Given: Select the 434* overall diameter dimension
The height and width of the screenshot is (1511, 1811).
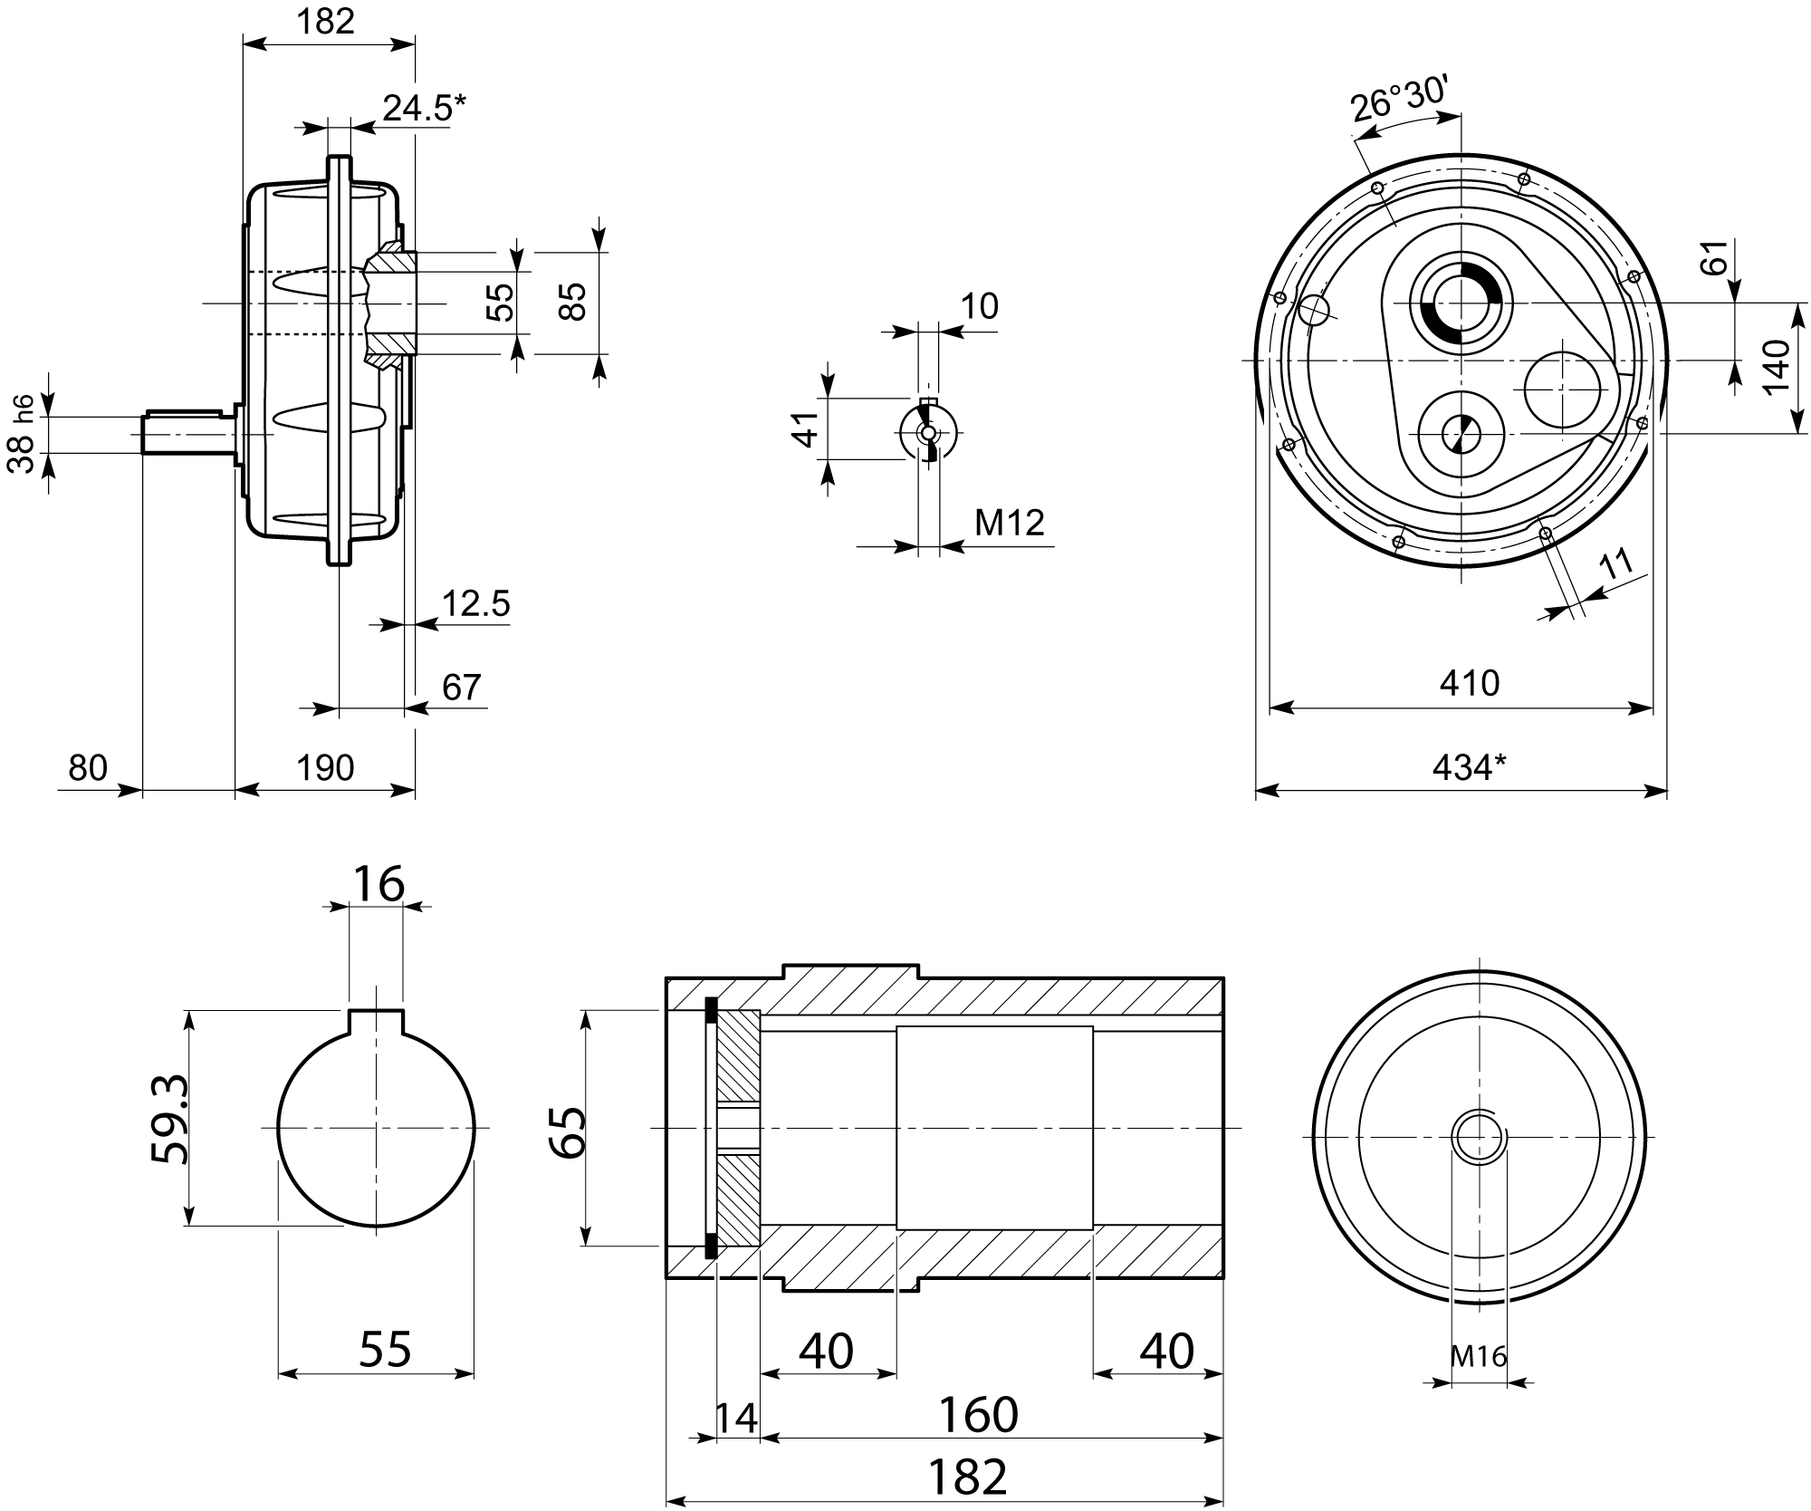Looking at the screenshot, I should (x=1469, y=768).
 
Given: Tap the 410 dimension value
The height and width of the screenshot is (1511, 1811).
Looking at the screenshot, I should (x=1469, y=682).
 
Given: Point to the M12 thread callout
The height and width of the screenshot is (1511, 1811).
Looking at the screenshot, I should (x=1009, y=523).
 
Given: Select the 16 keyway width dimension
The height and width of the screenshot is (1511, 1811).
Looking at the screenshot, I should (x=378, y=884).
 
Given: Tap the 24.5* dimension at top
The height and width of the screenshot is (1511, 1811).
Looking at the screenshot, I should (x=423, y=108).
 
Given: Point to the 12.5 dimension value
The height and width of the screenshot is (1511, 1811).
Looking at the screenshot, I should (x=476, y=603).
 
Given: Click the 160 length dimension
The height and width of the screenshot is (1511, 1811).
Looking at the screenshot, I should (x=978, y=1414).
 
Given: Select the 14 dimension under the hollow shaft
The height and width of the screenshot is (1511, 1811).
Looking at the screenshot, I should (x=736, y=1418).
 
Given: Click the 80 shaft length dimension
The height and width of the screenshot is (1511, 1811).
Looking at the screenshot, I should (x=88, y=768).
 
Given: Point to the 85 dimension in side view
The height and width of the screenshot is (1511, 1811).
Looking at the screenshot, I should (x=572, y=302).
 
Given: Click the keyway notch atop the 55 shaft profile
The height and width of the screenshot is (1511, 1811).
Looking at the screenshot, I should (x=376, y=1021).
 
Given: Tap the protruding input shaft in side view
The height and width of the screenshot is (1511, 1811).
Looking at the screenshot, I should (x=186, y=434).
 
